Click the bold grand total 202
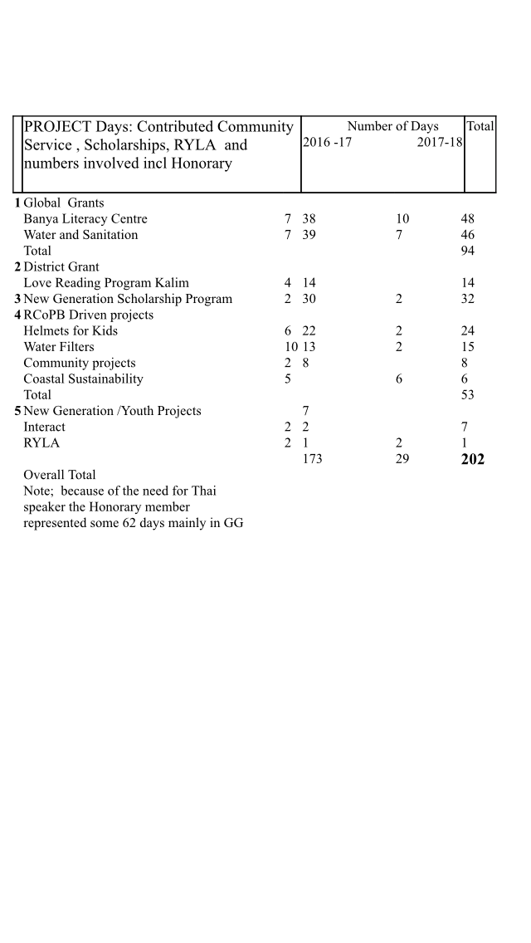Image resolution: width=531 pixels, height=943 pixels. (x=472, y=459)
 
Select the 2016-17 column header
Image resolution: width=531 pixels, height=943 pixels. (x=327, y=144)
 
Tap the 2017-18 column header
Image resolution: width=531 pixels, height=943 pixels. (x=440, y=144)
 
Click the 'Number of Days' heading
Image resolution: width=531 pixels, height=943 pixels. (x=392, y=126)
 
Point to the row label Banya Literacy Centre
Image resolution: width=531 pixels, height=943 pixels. (x=85, y=219)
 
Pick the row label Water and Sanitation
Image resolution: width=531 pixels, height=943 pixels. (x=80, y=235)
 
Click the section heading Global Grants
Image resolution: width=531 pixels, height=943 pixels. (x=64, y=203)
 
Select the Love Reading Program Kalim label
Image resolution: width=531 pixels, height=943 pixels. (x=106, y=283)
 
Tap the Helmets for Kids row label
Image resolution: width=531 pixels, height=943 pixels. (x=71, y=331)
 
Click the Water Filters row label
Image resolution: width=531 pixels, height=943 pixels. (x=59, y=347)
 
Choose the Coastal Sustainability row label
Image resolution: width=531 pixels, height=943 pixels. (x=83, y=379)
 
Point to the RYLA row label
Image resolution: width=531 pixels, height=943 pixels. (x=41, y=443)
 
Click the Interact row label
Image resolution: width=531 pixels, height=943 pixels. (x=44, y=428)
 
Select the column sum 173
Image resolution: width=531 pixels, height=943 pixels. (x=312, y=458)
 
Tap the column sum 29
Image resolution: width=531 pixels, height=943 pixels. (x=402, y=458)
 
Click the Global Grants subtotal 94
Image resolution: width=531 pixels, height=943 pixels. (x=468, y=251)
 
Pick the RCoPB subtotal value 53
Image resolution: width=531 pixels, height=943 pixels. (x=468, y=395)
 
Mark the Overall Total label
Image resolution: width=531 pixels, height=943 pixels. (x=60, y=475)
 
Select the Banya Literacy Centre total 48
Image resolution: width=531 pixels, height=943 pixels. (x=468, y=219)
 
